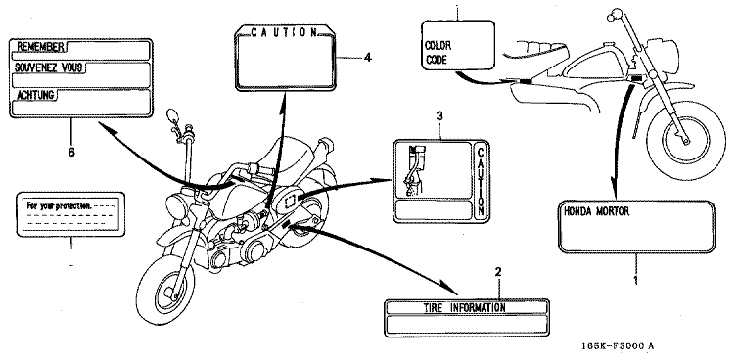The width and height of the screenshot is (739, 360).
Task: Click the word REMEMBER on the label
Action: (40, 47)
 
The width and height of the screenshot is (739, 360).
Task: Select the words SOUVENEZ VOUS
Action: (49, 67)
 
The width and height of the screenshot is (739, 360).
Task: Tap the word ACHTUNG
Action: (35, 95)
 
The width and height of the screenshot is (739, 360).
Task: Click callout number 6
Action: (71, 153)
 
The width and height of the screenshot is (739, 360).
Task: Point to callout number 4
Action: (368, 58)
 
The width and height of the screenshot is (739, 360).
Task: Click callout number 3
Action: (439, 115)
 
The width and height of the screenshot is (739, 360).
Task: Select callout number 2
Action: (498, 271)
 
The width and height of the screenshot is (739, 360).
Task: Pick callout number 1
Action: (635, 281)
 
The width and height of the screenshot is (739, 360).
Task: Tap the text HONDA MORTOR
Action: (596, 211)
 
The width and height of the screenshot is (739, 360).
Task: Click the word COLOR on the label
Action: (439, 46)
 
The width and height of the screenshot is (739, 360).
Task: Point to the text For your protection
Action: (60, 205)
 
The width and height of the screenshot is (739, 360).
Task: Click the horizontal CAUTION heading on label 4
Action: (285, 32)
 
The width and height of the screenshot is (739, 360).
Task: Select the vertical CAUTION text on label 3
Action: (481, 181)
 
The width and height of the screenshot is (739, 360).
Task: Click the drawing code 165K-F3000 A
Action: (618, 346)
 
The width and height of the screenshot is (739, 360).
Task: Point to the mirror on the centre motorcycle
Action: (172, 115)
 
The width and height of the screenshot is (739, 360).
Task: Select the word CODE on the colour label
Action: (436, 60)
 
